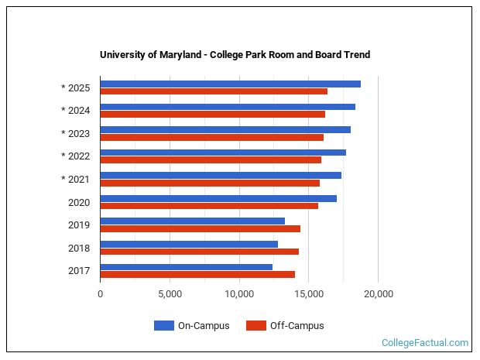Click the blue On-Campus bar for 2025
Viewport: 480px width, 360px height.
click(x=230, y=84)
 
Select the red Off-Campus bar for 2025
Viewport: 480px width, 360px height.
click(x=214, y=91)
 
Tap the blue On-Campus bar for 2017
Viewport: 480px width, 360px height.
click(x=186, y=267)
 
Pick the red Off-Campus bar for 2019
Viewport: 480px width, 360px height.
click(x=200, y=228)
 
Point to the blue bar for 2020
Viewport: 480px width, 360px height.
click(x=218, y=198)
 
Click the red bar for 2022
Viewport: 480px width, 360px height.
click(x=211, y=159)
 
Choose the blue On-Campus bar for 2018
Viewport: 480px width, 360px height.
click(x=189, y=244)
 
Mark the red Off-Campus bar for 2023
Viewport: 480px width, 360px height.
click(x=211, y=137)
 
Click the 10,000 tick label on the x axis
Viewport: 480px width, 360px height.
click(x=239, y=294)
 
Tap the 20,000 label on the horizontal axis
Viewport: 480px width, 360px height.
click(x=378, y=294)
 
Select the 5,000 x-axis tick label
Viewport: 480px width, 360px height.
click(x=170, y=294)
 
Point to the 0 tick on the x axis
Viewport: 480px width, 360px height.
click(x=100, y=294)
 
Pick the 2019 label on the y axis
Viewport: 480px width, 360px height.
click(x=79, y=225)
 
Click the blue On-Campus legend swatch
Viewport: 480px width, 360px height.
click(x=163, y=326)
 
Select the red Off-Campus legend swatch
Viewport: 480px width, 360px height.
click(x=255, y=326)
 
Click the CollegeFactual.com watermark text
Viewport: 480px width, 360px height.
click(x=425, y=343)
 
